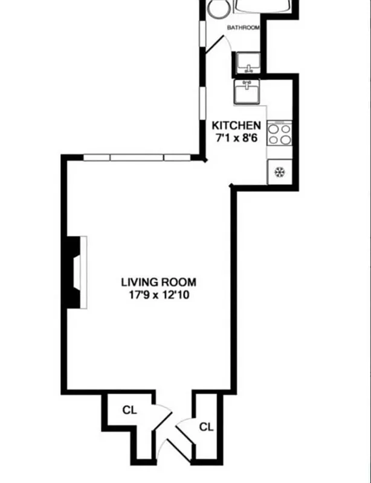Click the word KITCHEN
pos(236,126)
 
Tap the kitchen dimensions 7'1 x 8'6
pos(236,137)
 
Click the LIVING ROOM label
pos(158,282)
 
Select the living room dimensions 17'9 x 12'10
pos(158,295)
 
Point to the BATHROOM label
pos(243,28)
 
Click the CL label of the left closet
pos(130,410)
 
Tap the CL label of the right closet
pos(207,427)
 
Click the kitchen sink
pos(247,92)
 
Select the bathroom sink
pos(248,61)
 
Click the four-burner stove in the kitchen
pos(280,133)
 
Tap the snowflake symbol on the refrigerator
pos(279,171)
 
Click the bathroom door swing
pos(215,45)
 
